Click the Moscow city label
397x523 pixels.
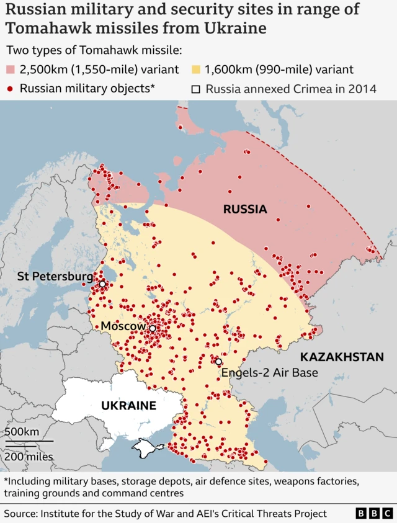123,326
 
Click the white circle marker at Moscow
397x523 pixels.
152,328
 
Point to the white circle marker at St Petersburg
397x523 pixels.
102,284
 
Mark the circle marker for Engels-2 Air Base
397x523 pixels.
218,361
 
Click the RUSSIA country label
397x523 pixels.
245,209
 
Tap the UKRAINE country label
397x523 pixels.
128,406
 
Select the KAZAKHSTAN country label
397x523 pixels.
342,357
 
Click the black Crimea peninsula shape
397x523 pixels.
147,446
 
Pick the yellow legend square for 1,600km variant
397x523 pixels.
195,69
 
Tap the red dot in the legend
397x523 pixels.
11,89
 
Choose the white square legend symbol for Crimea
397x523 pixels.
195,89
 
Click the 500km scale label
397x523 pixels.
22,432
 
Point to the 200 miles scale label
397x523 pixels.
29,457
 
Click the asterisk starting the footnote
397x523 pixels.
6,481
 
